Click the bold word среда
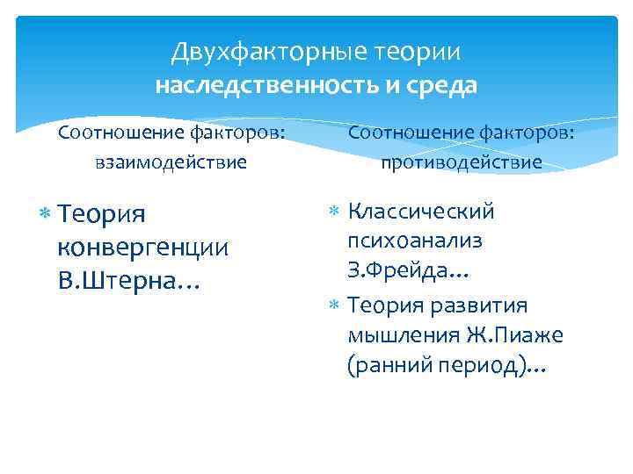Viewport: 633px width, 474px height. (x=446, y=86)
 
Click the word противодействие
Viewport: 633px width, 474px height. (x=461, y=162)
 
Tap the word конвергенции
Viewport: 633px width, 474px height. (x=142, y=248)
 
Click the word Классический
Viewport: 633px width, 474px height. (x=421, y=212)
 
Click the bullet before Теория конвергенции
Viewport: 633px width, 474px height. (x=45, y=213)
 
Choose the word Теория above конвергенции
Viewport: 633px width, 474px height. (x=102, y=214)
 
